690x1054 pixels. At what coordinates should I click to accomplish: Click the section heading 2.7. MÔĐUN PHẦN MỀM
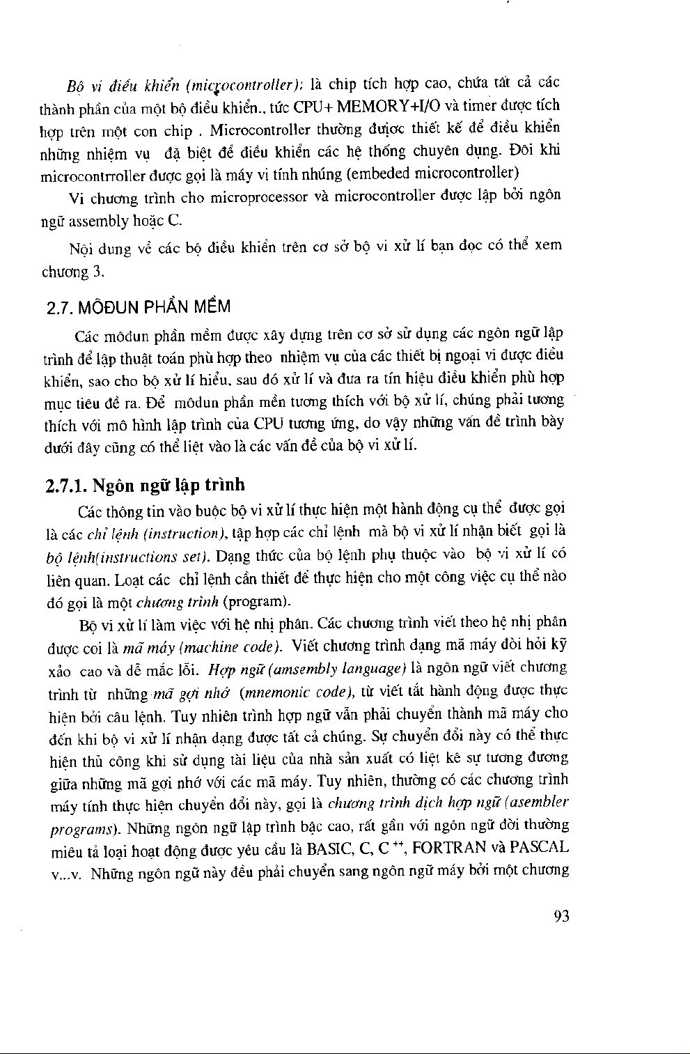[x=136, y=307]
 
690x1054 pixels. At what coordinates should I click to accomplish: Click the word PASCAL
[x=540, y=848]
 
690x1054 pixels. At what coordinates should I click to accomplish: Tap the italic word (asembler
[x=538, y=802]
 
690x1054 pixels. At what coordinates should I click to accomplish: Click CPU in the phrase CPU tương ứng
[x=266, y=423]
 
